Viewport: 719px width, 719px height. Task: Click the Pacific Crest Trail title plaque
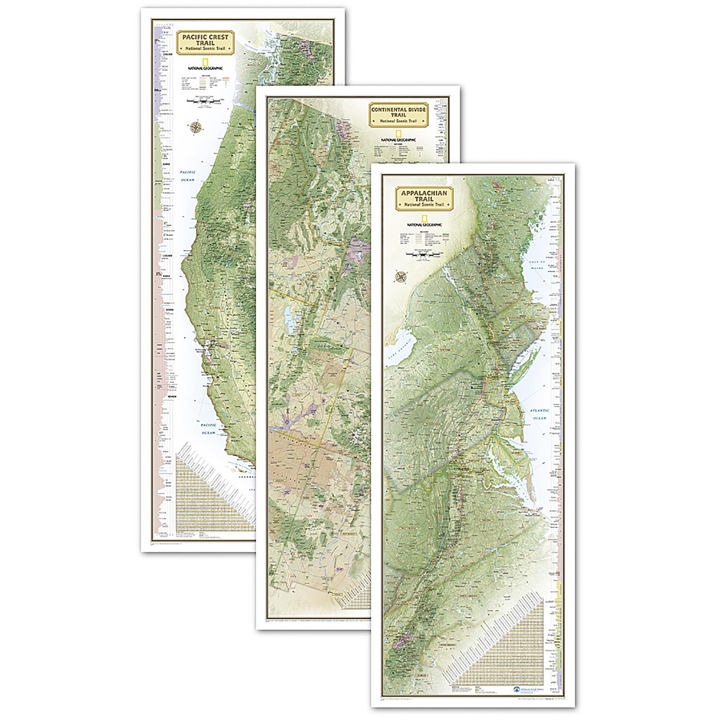point(205,42)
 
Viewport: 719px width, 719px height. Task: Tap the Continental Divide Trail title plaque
point(398,115)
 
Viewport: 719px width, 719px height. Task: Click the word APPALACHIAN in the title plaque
point(424,193)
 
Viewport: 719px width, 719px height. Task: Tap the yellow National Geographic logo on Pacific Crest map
point(206,62)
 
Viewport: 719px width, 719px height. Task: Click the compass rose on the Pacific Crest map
point(196,127)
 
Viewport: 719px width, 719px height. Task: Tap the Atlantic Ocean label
point(539,414)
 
